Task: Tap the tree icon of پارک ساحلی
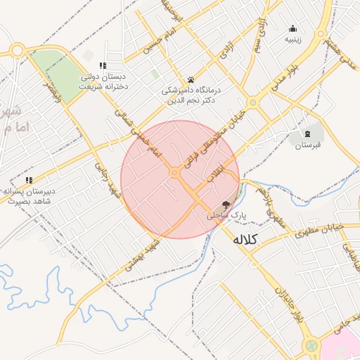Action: [225, 204]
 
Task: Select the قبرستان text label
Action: [307, 145]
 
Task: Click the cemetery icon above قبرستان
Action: [307, 133]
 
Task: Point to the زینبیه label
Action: [293, 39]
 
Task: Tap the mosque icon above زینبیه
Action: [293, 28]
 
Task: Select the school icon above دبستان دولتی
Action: [103, 65]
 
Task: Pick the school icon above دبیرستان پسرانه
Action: [29, 180]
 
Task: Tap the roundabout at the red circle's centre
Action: [174, 172]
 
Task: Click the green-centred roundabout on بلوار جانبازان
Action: [311, 346]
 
